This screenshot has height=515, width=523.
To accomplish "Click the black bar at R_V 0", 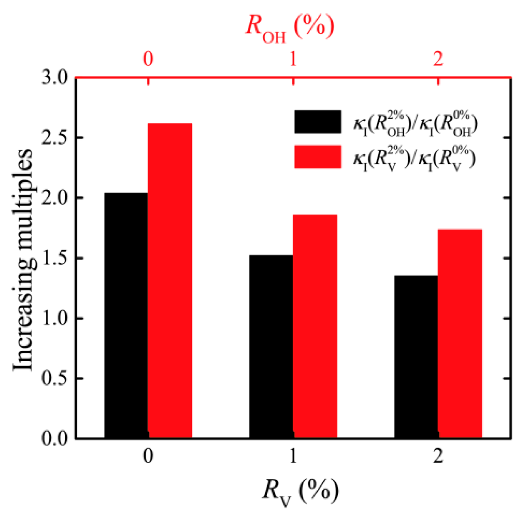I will pyautogui.click(x=126, y=316).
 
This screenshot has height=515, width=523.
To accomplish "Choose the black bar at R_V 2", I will pyautogui.click(x=416, y=357).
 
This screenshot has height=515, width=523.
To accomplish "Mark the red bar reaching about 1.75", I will pyautogui.click(x=460, y=333).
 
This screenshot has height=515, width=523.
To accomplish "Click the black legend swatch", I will pyautogui.click(x=318, y=122).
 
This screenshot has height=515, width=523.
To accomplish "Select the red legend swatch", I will pyautogui.click(x=318, y=157).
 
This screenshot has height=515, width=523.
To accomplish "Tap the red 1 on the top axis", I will pyautogui.click(x=293, y=59).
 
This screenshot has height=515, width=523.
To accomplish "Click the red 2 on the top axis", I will pyautogui.click(x=438, y=59).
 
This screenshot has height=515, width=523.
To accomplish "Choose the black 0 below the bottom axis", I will pyautogui.click(x=148, y=456).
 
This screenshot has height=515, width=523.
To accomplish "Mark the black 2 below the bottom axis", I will pyautogui.click(x=438, y=456).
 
